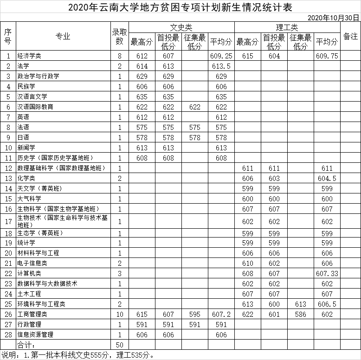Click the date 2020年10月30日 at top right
click(334, 17)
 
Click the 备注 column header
click(350, 36)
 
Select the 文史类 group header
click(181, 27)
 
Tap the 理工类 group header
click(287, 27)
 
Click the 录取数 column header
click(119, 36)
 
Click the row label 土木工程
click(29, 294)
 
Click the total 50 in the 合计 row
click(119, 345)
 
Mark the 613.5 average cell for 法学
click(221, 66)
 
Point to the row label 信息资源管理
click(35, 334)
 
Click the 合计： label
click(26, 345)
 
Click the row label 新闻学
click(26, 148)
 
